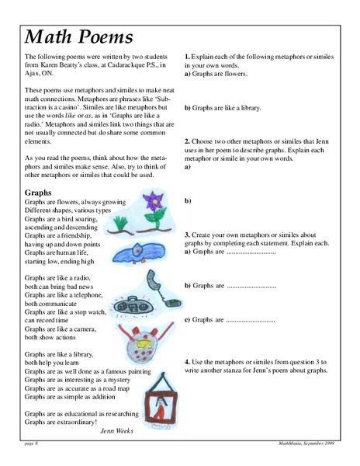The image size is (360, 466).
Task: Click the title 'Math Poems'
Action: pos(78,36)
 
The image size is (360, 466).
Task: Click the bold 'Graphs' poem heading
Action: pos(39,192)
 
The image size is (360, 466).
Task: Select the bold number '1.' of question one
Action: pos(187,57)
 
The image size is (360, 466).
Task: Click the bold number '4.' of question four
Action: pos(187,362)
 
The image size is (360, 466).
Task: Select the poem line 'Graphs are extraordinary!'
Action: pos(61,423)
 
